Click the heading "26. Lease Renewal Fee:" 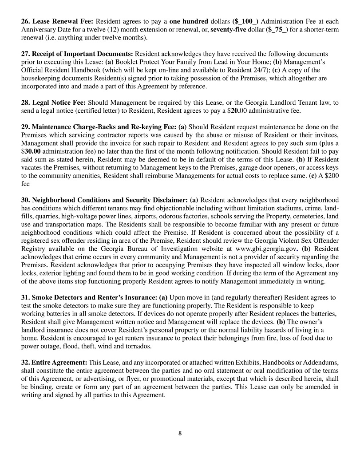point(57,21)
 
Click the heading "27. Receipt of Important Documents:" point(77,54)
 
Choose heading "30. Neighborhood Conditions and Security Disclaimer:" point(105,201)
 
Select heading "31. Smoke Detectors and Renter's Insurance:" point(89,298)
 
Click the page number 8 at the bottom point(180,434)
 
